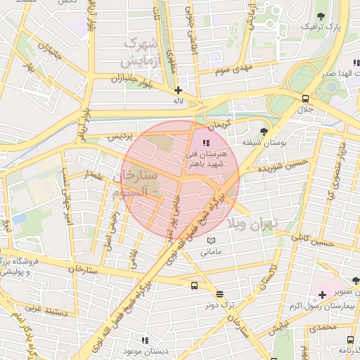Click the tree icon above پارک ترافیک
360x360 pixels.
(321, 15)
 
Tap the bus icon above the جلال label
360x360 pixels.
(305, 98)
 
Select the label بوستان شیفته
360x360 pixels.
(264, 142)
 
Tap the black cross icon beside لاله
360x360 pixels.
(179, 90)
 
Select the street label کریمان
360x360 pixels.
(219, 126)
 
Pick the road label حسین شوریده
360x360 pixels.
(282, 166)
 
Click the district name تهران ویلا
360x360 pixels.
(253, 223)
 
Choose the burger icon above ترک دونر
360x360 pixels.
(220, 295)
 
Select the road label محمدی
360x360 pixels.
(323, 327)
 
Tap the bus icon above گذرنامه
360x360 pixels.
(352, 338)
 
